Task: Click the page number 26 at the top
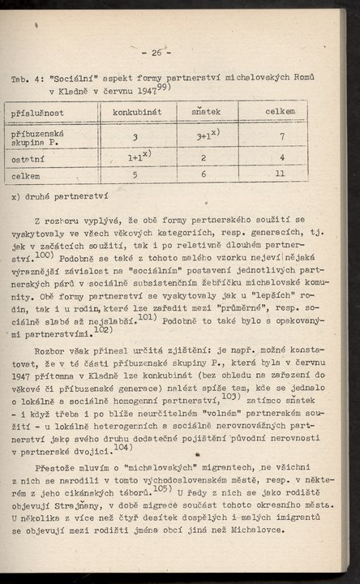[x=156, y=54]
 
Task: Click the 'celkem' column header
[x=280, y=110]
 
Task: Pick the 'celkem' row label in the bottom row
[x=26, y=174]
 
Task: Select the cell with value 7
[x=281, y=136]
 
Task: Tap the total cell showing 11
[x=281, y=174]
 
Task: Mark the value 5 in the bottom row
[x=135, y=174]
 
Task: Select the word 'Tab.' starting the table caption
[x=20, y=78]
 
